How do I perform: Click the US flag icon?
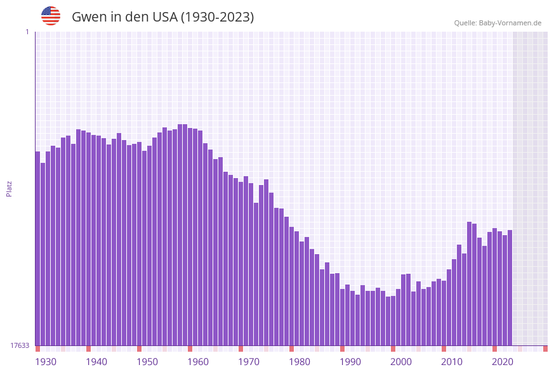pos(51,16)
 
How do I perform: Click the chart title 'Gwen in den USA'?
pos(162,17)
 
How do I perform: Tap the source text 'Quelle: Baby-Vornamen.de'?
pos(498,23)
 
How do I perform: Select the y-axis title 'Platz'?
pos(10,188)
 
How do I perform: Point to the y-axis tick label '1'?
pos(27,32)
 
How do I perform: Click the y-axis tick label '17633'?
pos(20,345)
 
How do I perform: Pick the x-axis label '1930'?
pos(46,362)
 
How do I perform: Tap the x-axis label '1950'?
pos(147,362)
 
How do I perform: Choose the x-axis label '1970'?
pos(249,362)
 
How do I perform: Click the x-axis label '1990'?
pos(350,362)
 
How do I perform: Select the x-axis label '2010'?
pos(452,362)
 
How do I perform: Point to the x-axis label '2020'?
pos(503,362)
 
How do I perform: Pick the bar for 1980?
pos(291,286)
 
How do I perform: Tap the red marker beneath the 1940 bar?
pos(88,349)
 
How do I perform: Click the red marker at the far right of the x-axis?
pos(545,349)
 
